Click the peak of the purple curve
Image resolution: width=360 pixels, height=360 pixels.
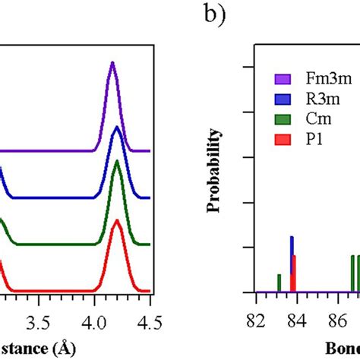coord(112,64)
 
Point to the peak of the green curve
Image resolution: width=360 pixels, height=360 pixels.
coord(116,162)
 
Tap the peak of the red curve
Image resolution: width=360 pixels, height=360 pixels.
coord(116,223)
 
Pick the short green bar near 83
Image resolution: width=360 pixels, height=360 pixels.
coord(279,283)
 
